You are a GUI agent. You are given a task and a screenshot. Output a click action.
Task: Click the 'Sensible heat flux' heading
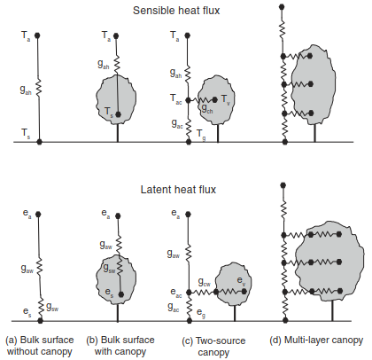click(176, 11)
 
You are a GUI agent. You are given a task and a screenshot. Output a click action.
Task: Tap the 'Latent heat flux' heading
click(178, 190)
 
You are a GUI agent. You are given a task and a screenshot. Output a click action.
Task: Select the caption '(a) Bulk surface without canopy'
click(40, 346)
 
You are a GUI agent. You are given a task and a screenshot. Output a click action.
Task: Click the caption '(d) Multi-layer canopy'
click(316, 340)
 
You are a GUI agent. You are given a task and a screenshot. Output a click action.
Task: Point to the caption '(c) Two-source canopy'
click(213, 347)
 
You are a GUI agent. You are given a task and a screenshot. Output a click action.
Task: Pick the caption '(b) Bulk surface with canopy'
click(120, 346)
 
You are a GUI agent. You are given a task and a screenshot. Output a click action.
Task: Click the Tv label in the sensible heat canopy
click(225, 99)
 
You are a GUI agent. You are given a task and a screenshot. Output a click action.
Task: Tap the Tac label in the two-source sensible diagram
click(175, 99)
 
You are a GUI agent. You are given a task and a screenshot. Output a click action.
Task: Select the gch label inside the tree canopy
click(207, 109)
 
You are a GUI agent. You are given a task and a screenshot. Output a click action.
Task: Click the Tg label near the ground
click(201, 135)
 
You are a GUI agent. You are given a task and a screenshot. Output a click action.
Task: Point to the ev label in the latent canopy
click(241, 280)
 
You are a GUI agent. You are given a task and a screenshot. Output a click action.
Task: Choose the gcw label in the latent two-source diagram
click(205, 282)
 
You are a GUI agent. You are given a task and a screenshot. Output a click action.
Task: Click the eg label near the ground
click(201, 313)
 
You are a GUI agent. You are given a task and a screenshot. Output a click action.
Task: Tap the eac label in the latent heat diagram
click(176, 293)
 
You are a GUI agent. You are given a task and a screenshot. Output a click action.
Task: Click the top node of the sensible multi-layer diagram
click(282, 6)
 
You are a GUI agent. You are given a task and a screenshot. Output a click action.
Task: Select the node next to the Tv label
click(215, 100)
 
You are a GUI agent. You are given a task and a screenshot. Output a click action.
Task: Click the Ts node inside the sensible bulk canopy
click(119, 114)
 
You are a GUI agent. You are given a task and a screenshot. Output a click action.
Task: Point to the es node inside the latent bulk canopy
click(121, 294)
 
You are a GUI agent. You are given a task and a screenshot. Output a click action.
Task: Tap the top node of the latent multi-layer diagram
click(283, 185)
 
